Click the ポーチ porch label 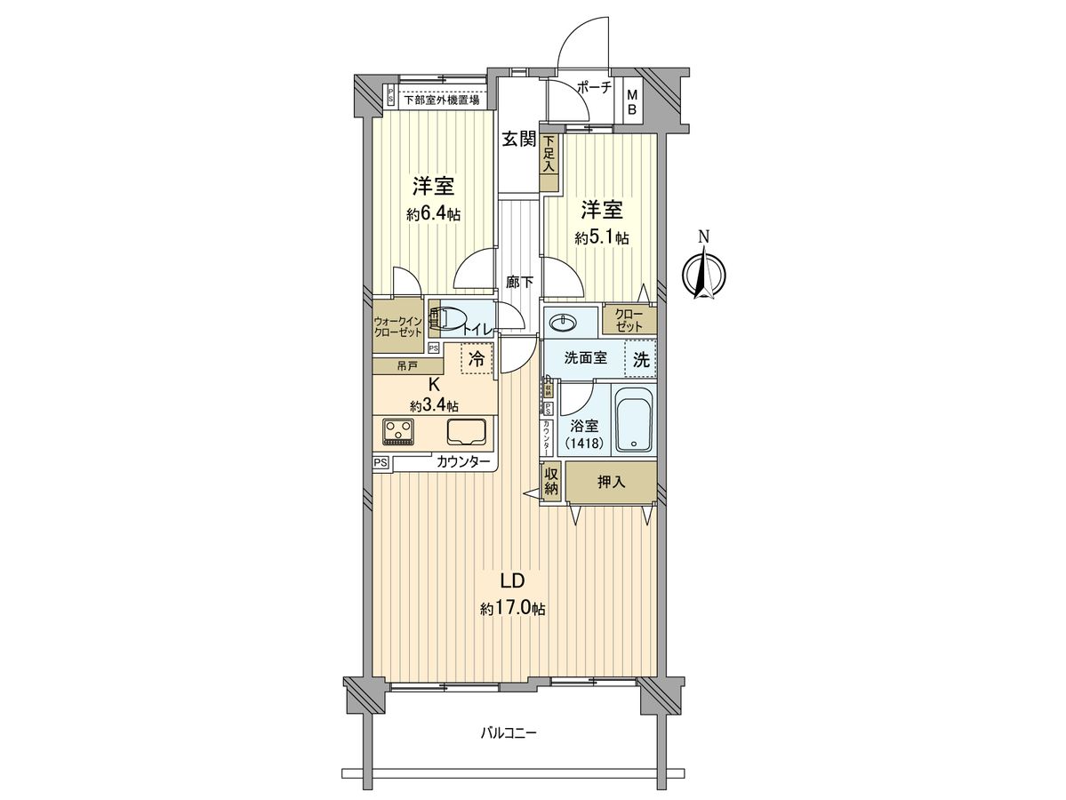tap(594, 87)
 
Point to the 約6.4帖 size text tap(433, 214)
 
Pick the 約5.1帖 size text tap(602, 237)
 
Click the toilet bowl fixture tap(453, 318)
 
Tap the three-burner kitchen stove tap(397, 432)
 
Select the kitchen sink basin tap(466, 433)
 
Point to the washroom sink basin tap(563, 321)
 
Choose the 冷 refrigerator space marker tap(477, 359)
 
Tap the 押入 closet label tap(611, 482)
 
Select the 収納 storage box tap(551, 483)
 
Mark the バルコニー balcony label tap(509, 733)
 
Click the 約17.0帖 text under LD tap(513, 610)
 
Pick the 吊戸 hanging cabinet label tap(406, 364)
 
